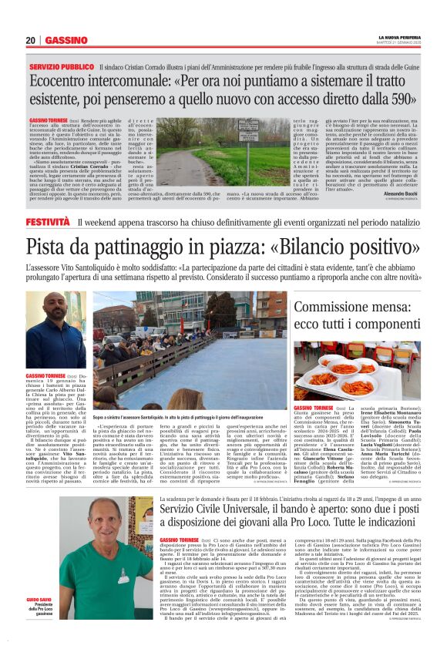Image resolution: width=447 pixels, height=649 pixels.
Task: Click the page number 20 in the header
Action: (x=31, y=40)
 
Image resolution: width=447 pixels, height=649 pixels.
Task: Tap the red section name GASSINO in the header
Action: (x=66, y=40)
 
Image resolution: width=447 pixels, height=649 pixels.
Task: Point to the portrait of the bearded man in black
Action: (x=55, y=329)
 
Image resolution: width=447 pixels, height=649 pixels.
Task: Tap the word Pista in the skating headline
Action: (x=52, y=247)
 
